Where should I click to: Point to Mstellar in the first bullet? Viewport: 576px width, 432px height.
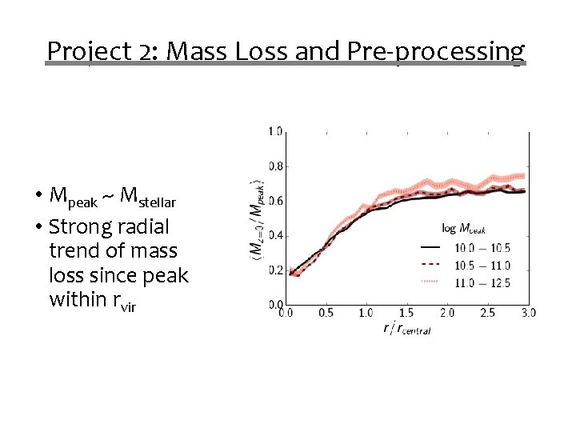coord(146,196)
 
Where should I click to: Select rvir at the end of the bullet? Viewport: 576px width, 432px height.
coord(123,301)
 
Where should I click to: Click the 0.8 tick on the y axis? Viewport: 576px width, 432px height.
coord(274,166)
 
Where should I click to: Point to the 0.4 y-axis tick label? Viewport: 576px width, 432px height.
coord(274,235)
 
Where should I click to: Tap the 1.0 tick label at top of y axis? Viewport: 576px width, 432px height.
coord(274,131)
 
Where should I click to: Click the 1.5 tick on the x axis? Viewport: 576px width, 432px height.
coord(406,313)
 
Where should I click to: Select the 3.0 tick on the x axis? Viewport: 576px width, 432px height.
coord(527,313)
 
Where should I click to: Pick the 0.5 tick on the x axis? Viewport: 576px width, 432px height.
coord(326,313)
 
